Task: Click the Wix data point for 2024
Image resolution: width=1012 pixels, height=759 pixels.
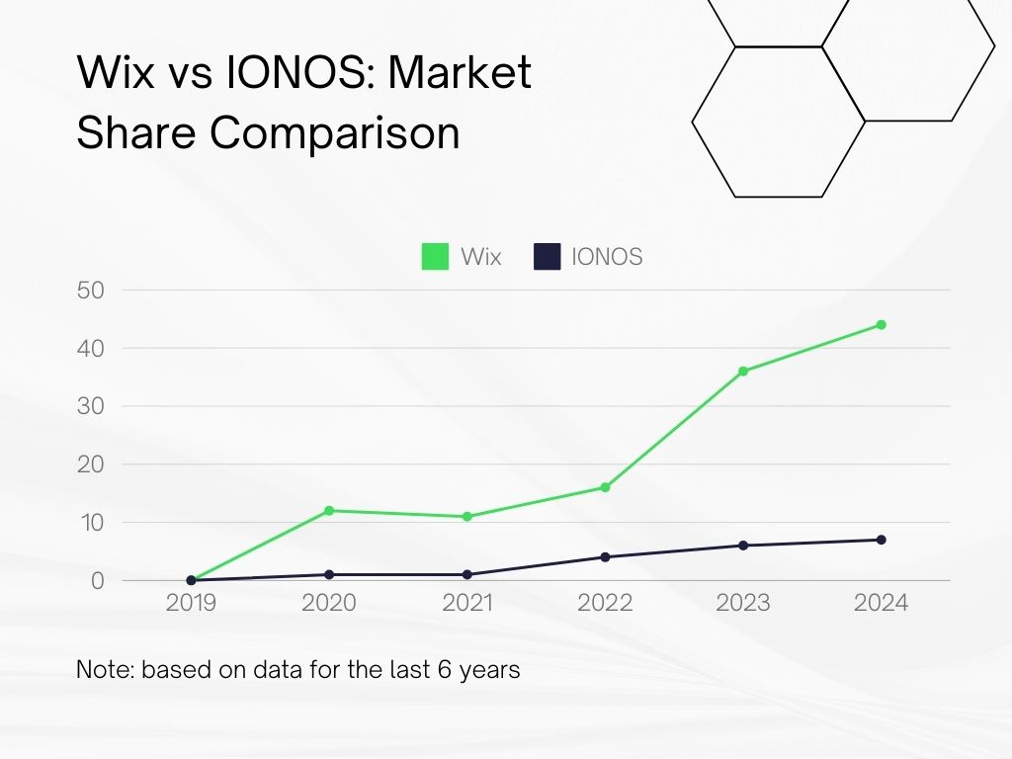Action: click(881, 324)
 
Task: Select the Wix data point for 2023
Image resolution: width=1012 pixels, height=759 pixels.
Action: click(743, 372)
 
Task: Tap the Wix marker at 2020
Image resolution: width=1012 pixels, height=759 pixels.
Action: click(329, 510)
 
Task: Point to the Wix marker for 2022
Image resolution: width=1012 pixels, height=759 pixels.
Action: click(605, 487)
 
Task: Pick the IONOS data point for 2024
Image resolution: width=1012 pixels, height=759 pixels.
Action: click(881, 540)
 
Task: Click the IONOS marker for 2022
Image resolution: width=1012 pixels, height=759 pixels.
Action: click(605, 556)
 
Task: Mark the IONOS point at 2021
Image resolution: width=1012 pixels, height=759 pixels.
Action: click(466, 574)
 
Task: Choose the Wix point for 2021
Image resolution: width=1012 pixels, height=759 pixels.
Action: click(466, 516)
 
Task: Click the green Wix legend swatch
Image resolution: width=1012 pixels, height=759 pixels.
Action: click(435, 257)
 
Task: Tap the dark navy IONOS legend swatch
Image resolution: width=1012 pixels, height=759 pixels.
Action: click(547, 257)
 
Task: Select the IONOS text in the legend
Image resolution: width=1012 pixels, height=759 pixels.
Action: click(607, 257)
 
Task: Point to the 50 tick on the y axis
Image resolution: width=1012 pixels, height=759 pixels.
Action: click(90, 291)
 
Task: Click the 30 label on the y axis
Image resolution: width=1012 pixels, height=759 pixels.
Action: click(90, 406)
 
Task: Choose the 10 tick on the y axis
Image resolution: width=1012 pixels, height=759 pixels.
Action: click(90, 522)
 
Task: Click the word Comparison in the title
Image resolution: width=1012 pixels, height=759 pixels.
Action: click(335, 133)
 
